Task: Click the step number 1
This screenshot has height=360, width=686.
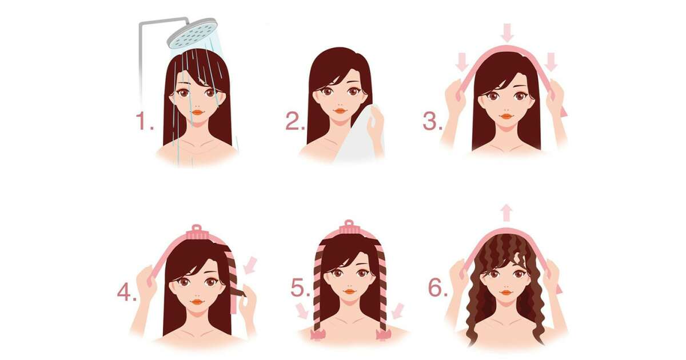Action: (x=144, y=121)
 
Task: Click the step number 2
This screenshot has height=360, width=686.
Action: (x=295, y=121)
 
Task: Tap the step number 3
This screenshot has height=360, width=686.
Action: (x=432, y=121)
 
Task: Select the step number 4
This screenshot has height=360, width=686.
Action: (x=127, y=293)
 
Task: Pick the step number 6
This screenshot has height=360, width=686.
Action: (x=438, y=288)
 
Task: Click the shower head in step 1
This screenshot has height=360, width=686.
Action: (x=192, y=33)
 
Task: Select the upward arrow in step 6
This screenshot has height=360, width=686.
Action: (x=507, y=213)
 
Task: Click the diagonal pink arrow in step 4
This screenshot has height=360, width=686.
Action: (x=250, y=265)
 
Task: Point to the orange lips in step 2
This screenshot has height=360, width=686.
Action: (x=340, y=111)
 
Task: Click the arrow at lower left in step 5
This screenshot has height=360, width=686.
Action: (x=302, y=310)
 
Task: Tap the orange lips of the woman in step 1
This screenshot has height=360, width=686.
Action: (x=198, y=113)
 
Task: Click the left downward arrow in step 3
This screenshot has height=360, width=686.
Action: (x=462, y=62)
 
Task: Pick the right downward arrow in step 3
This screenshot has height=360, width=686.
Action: (x=551, y=62)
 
